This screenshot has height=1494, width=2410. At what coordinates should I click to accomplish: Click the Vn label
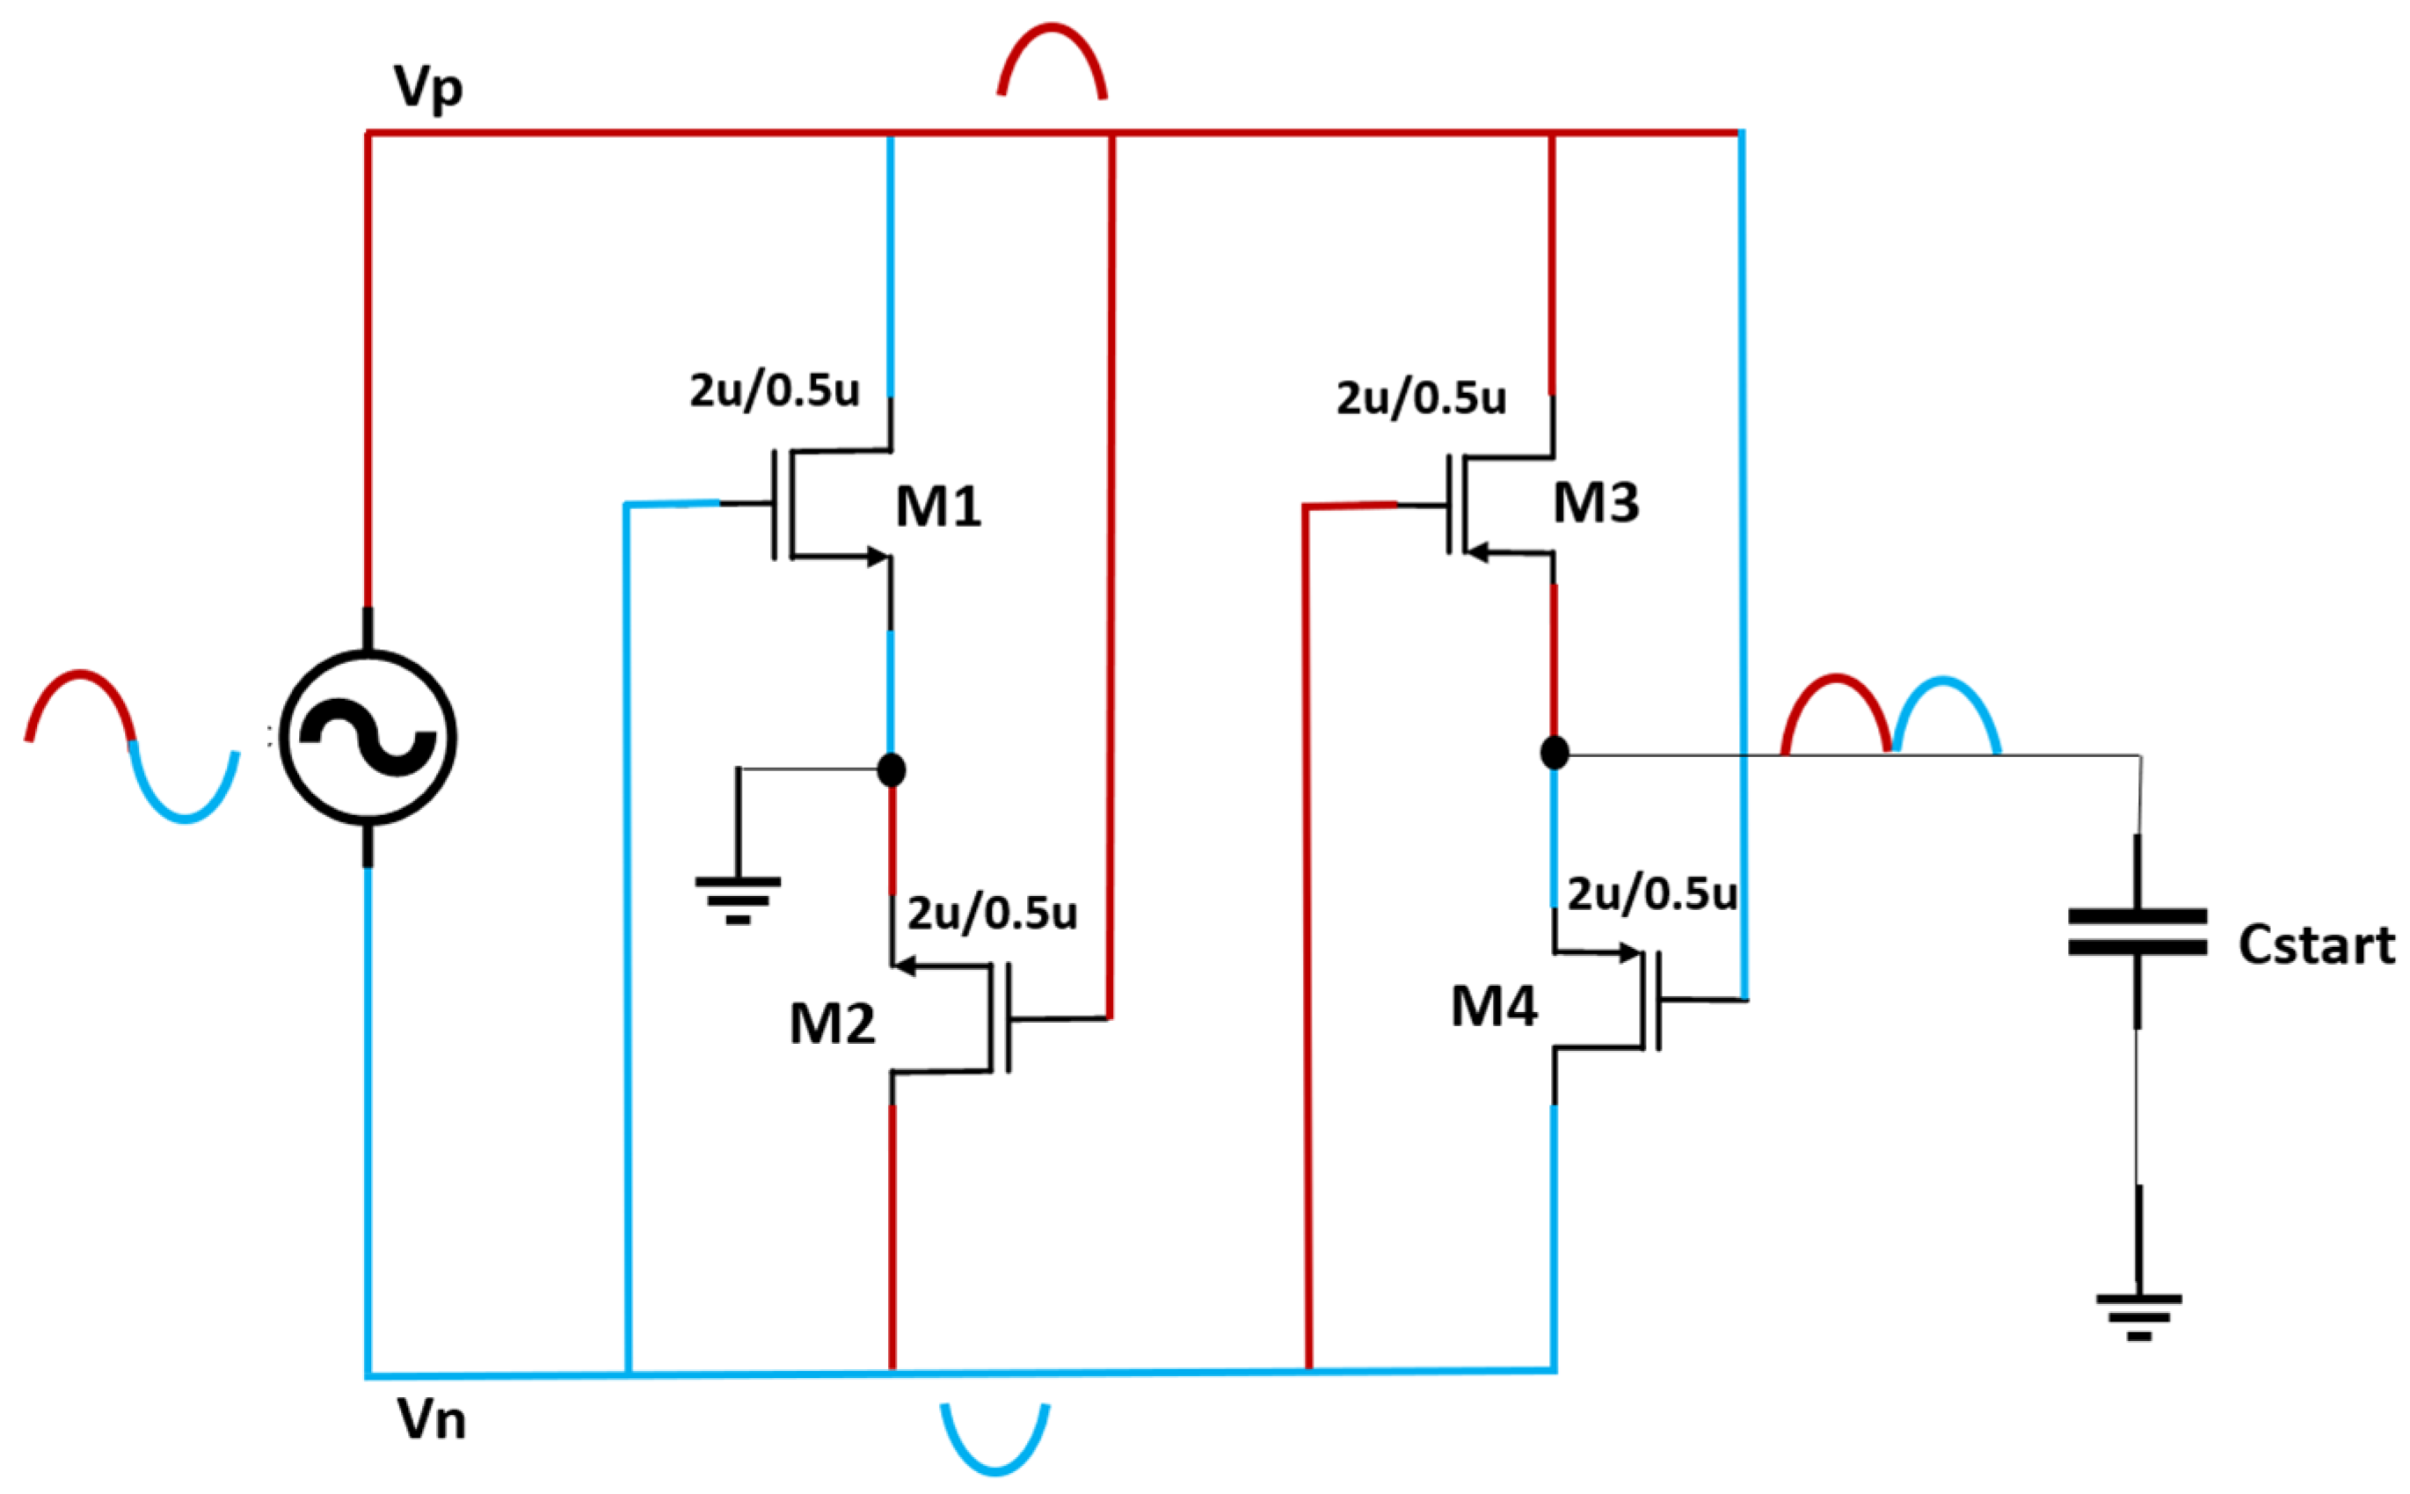pyautogui.click(x=432, y=1420)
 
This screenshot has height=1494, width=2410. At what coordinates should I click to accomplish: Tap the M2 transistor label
pyautogui.click(x=832, y=1024)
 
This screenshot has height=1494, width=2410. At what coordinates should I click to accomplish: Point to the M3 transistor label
pyautogui.click(x=1595, y=502)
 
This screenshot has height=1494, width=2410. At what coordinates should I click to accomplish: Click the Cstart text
pyautogui.click(x=2315, y=944)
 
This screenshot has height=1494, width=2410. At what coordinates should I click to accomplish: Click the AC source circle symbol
pyautogui.click(x=368, y=737)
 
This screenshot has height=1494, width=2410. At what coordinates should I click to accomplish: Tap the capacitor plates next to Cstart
pyautogui.click(x=2137, y=933)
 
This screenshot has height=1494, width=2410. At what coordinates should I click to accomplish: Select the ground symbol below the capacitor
pyautogui.click(x=2138, y=1317)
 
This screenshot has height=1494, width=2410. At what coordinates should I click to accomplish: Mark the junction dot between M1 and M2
pyautogui.click(x=891, y=769)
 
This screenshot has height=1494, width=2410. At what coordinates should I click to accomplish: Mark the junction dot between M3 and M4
pyautogui.click(x=1554, y=752)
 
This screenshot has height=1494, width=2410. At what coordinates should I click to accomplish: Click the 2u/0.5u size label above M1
pyautogui.click(x=774, y=390)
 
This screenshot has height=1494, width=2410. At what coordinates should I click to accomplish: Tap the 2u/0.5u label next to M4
pyautogui.click(x=1651, y=893)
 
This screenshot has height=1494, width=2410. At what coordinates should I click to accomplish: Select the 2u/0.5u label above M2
pyautogui.click(x=991, y=913)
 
